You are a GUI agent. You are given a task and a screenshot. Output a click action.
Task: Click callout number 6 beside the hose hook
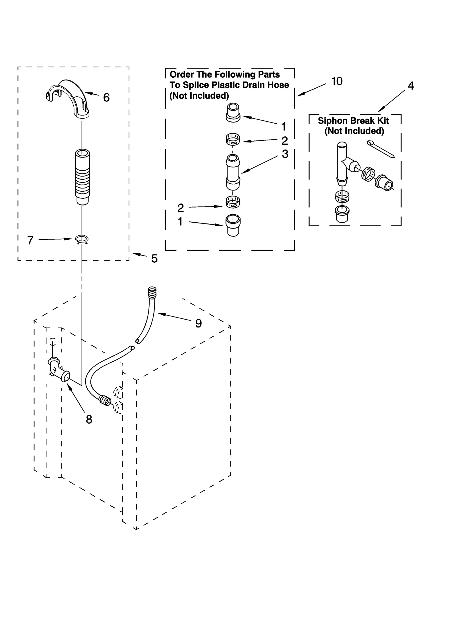tap(106, 98)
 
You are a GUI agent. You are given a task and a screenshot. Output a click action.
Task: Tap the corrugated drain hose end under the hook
tap(82, 176)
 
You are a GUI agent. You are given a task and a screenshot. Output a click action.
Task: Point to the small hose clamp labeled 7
tap(82, 240)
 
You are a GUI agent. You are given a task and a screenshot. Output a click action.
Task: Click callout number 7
tap(30, 241)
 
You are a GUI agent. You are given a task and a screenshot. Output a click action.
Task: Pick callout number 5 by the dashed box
tap(154, 258)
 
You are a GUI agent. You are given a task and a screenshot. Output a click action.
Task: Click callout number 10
tap(337, 81)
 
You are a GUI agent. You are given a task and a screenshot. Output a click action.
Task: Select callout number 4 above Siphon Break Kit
tap(411, 86)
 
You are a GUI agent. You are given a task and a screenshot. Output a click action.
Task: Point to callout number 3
tap(285, 154)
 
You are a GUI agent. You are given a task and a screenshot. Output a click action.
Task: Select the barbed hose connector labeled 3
tap(233, 172)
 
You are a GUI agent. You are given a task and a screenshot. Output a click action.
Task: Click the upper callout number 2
tap(284, 140)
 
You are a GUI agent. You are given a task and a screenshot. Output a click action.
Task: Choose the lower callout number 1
tap(180, 221)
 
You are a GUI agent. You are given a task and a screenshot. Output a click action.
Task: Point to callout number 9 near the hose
tap(198, 323)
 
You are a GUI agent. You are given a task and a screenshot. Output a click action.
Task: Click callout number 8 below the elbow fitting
tap(89, 419)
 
